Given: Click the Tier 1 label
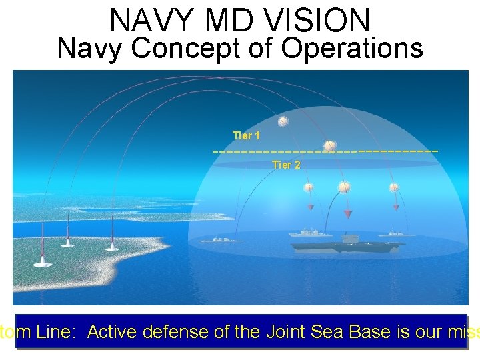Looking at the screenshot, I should click(x=246, y=136).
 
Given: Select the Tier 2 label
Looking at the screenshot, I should click(x=286, y=165).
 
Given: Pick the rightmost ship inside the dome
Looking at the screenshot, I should click(x=393, y=234).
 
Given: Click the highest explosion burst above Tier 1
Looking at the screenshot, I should click(x=283, y=121).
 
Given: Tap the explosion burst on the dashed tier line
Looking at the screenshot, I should click(x=329, y=146).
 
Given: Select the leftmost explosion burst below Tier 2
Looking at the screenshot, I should click(x=309, y=187).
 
